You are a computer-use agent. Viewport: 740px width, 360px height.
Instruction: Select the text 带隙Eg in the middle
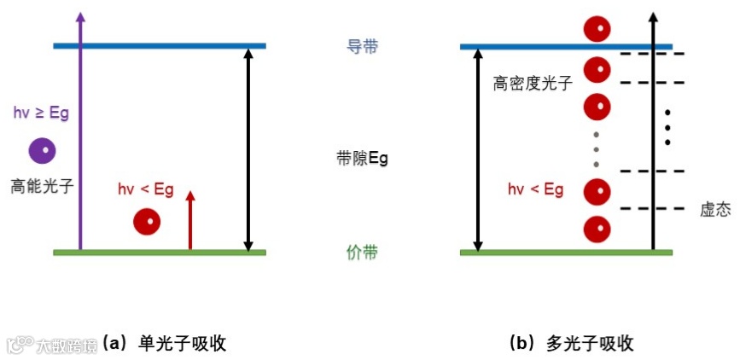tap(363, 159)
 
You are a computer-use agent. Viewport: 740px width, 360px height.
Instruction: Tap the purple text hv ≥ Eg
tap(41, 113)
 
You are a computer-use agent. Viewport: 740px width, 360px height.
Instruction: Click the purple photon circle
tap(42, 151)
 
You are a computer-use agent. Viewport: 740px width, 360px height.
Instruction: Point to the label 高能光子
tap(42, 184)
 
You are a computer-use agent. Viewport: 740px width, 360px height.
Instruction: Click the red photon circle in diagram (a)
tap(147, 222)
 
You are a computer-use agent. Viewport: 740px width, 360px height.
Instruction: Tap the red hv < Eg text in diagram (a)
tap(146, 189)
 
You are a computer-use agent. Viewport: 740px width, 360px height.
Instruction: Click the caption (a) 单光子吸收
tap(164, 344)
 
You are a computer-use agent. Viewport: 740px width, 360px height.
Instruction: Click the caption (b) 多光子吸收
tap(571, 344)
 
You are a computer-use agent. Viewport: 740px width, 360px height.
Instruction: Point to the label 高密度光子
tap(533, 84)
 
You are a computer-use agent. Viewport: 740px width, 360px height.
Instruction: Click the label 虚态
tap(714, 210)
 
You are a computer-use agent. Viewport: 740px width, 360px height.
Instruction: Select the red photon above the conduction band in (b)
tap(597, 28)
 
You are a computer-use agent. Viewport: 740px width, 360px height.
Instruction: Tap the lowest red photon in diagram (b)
tap(597, 229)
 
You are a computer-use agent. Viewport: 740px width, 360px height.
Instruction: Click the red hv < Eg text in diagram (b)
tap(535, 189)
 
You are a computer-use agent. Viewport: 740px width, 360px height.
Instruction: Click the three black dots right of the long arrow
tap(667, 127)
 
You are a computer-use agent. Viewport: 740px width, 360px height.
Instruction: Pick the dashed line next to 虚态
tap(652, 209)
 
